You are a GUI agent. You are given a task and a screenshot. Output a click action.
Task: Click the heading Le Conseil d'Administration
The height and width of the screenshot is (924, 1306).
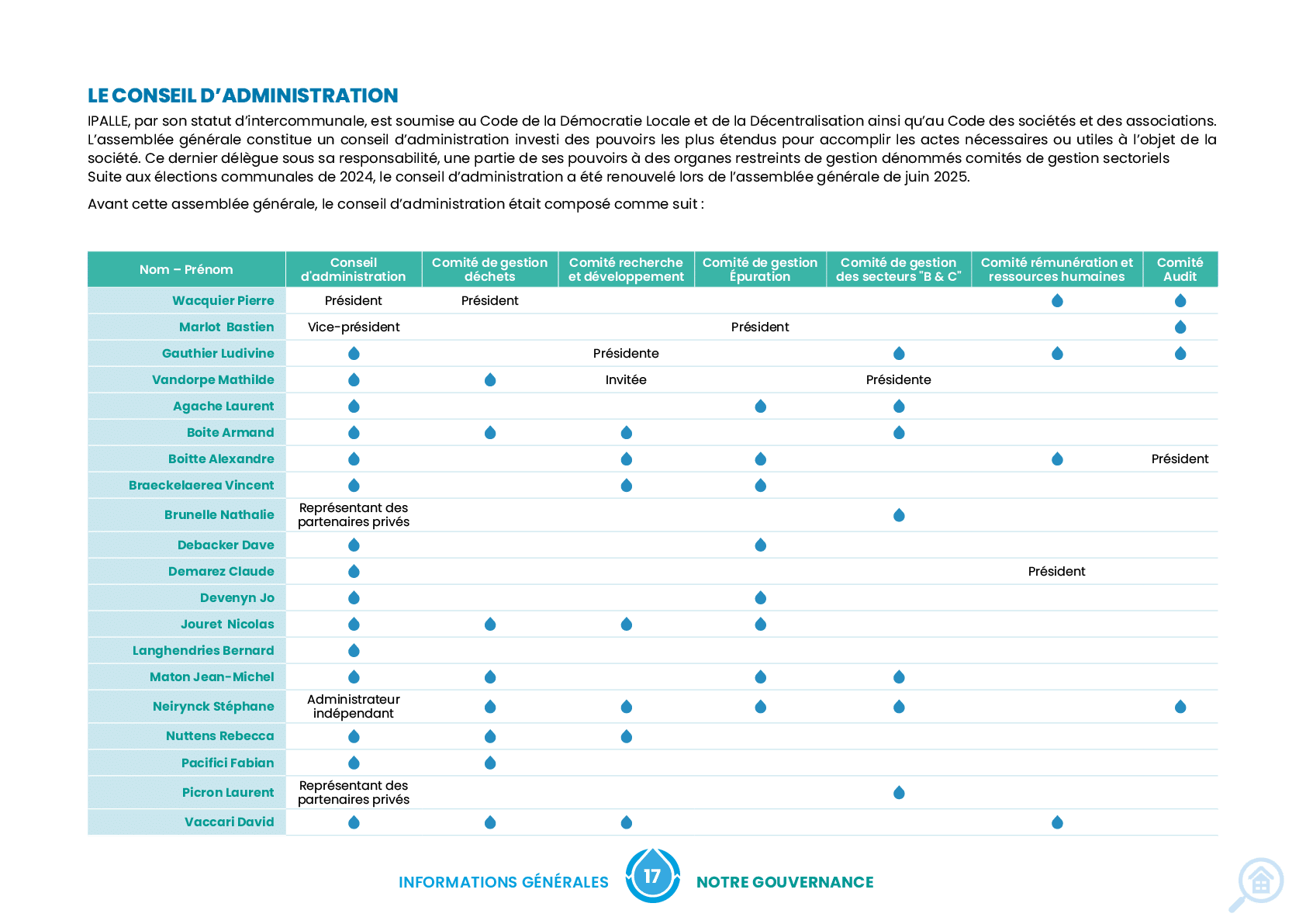[243, 95]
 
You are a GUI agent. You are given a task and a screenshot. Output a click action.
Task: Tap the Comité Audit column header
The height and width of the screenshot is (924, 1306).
[1180, 269]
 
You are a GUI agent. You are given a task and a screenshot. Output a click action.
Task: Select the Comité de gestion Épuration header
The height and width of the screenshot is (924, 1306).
[760, 269]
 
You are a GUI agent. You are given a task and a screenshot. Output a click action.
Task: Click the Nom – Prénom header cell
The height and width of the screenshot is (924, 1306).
[186, 269]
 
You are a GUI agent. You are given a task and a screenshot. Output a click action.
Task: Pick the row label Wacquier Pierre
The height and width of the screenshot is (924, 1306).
[223, 300]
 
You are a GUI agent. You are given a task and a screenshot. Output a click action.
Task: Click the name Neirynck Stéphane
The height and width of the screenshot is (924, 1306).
[212, 707]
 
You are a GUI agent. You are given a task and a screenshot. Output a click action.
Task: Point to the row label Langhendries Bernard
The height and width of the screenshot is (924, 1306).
[203, 650]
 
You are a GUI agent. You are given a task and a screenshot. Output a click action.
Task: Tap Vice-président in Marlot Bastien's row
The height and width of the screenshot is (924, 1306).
[354, 327]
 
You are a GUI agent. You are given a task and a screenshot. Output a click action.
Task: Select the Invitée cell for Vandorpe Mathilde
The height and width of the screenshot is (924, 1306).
[626, 379]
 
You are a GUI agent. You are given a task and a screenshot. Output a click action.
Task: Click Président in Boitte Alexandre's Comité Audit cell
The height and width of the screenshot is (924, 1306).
[1180, 459]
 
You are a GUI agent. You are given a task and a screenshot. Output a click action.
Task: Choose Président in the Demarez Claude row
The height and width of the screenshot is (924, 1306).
[1056, 572]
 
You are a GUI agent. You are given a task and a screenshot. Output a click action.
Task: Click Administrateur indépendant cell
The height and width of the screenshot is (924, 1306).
[354, 707]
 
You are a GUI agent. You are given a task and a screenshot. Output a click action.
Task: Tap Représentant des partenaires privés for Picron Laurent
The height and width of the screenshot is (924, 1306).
[354, 793]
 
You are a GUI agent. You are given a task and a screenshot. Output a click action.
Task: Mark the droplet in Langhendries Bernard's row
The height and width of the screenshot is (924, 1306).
[354, 650]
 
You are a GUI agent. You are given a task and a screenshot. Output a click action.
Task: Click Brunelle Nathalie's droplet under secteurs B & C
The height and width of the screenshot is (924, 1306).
[899, 515]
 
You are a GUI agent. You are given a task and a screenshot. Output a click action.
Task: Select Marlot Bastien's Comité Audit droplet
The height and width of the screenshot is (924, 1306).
[1180, 327]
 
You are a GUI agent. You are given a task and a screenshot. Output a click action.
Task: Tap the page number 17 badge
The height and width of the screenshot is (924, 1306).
[652, 876]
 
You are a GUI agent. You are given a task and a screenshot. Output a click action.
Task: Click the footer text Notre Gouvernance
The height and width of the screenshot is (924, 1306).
[785, 882]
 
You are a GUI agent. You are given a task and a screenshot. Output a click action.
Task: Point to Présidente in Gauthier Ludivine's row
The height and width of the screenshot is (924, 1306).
[626, 354]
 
